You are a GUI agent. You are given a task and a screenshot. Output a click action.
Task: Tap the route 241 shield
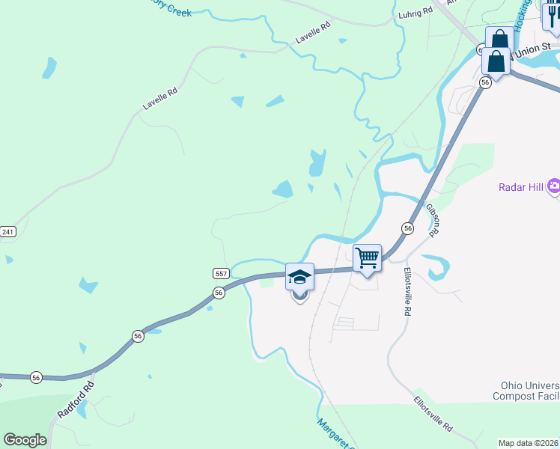tap(7, 232)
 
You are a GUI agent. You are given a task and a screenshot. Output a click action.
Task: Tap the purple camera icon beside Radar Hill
tap(554, 186)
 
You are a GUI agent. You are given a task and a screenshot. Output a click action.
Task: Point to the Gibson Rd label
tap(432, 219)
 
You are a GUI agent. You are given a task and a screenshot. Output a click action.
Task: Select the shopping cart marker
tap(368, 258)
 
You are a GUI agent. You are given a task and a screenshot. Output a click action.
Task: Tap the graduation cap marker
tap(299, 278)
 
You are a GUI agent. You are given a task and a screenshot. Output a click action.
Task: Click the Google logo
tap(25, 439)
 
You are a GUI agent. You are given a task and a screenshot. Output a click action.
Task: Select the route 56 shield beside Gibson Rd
tap(407, 227)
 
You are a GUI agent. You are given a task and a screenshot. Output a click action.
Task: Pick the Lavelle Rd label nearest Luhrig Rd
tap(313, 32)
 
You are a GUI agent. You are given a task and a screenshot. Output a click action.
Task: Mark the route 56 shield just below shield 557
tap(219, 293)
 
